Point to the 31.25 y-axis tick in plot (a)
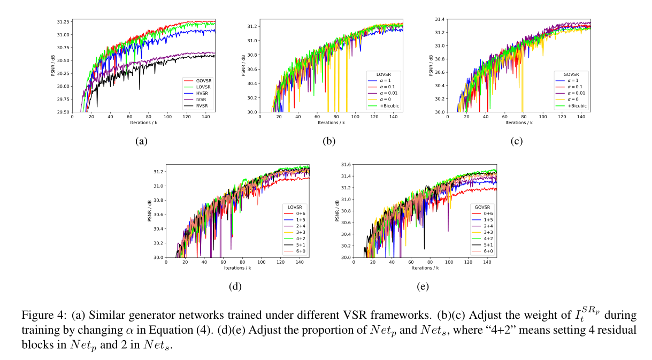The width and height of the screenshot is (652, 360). [63, 22]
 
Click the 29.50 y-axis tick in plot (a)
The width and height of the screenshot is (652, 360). [63, 112]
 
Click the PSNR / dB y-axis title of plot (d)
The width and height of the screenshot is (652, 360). [150, 211]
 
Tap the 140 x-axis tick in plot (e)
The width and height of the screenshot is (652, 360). [487, 262]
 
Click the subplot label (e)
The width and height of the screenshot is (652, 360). [423, 287]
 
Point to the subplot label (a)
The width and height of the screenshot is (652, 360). [141, 141]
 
